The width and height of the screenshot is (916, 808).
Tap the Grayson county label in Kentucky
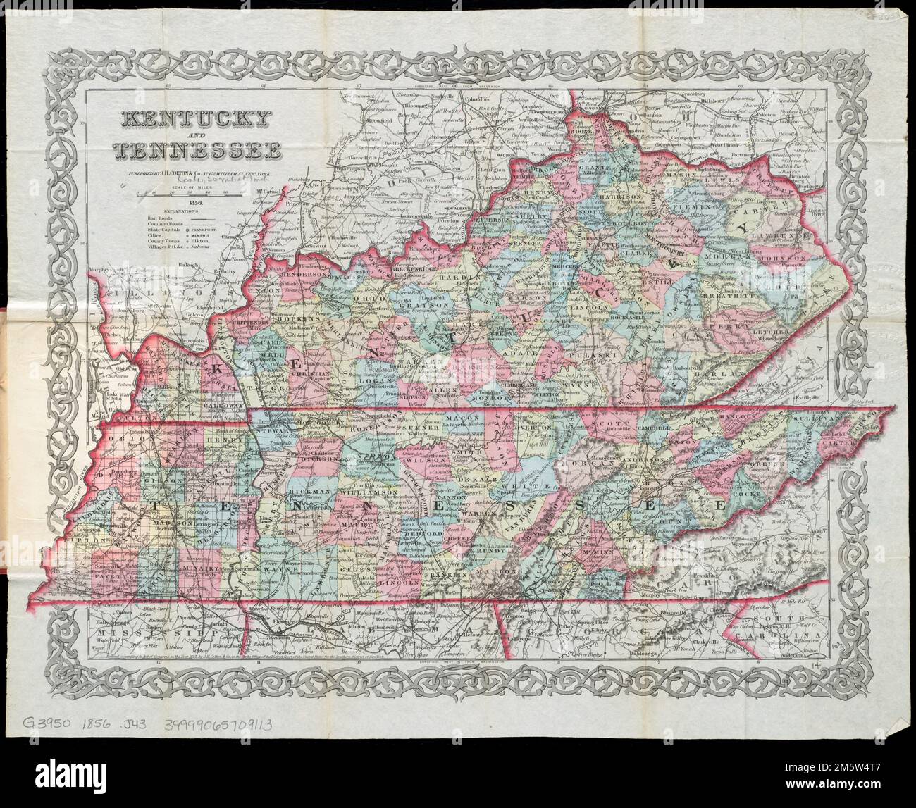(x=389, y=305)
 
